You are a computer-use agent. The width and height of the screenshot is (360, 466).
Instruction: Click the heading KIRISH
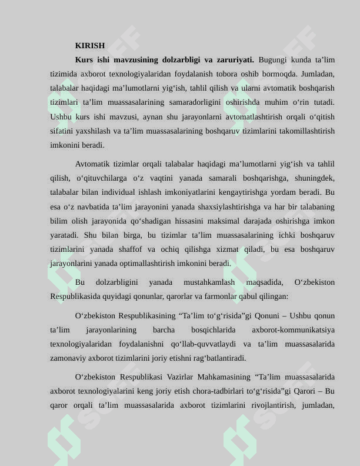coord(90,45)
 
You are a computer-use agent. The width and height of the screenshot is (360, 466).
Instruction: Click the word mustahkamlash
coord(209,282)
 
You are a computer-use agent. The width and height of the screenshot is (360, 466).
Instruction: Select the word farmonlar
coord(226,297)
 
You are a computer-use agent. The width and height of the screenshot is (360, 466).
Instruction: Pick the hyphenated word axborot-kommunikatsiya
coord(293,330)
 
